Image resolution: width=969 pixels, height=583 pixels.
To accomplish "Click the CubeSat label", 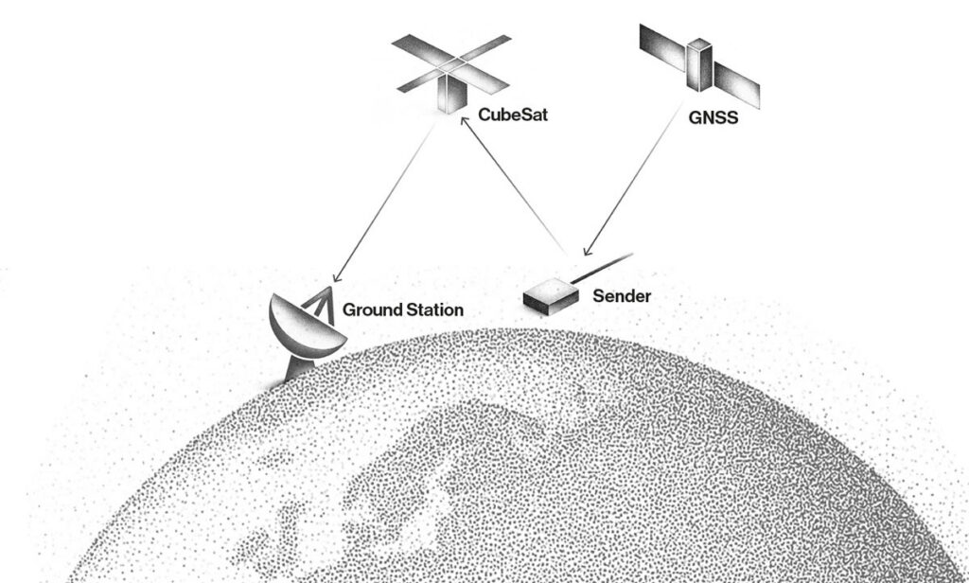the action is click(513, 115).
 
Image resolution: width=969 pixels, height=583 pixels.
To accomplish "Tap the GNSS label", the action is click(714, 117).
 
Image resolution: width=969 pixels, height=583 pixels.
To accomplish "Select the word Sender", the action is click(622, 296).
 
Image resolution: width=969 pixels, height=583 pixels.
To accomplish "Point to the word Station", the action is click(433, 309).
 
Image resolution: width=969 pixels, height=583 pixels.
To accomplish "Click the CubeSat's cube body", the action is click(451, 93).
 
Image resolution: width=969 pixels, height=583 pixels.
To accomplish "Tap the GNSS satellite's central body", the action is click(699, 65).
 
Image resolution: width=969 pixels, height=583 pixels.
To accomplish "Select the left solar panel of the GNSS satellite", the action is click(662, 47).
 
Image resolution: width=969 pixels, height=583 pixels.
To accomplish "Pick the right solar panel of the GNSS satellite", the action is click(736, 84).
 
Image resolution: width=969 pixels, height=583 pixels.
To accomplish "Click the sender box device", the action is click(552, 296).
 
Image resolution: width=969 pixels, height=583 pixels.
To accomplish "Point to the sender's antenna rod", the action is click(602, 269).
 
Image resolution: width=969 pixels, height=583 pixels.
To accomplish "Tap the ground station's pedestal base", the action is click(298, 370).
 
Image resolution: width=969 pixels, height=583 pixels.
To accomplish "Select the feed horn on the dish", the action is click(322, 303).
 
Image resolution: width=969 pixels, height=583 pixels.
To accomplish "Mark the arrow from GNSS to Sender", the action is click(633, 181).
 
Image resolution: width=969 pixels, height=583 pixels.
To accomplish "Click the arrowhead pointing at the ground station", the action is click(337, 277).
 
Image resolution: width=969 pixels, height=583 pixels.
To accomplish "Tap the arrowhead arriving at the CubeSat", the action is click(466, 122).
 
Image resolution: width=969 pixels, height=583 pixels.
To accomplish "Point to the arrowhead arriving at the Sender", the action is click(588, 251).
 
